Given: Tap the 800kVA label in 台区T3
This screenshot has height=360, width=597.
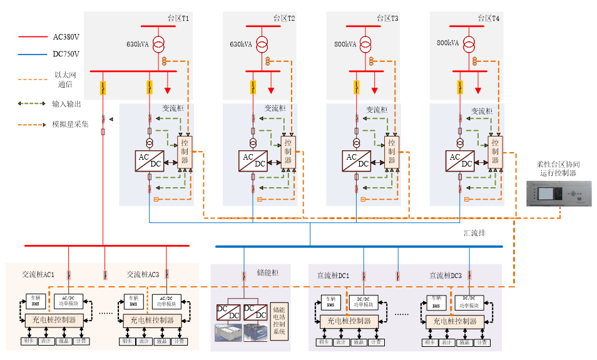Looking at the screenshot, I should tap(345, 44).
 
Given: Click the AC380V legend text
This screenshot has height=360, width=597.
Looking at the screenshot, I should tap(65, 37).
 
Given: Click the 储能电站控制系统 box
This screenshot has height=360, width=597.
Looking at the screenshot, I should tap(279, 320).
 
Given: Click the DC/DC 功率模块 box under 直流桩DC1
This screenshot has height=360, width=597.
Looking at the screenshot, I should tap(364, 302).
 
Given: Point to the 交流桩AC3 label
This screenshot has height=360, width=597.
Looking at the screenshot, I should tap(143, 274).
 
